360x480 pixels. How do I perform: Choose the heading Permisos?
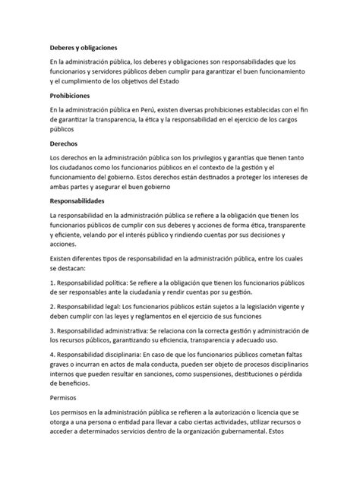click(46, 397)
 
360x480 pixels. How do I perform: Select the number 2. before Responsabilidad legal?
click(32, 307)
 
